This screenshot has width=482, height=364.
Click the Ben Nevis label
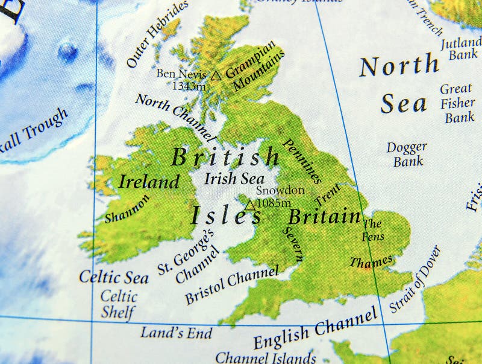[x=181, y=74]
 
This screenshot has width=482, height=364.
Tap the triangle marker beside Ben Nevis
[x=216, y=75]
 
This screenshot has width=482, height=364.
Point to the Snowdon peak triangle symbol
[x=249, y=205]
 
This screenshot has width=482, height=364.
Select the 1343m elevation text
[x=189, y=86]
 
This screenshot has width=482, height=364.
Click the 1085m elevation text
[x=273, y=203]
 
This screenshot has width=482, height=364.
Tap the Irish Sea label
[x=234, y=179]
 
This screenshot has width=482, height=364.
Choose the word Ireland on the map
[x=149, y=182]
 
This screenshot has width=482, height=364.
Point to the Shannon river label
[x=127, y=209]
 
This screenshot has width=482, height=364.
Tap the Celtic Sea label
[x=114, y=278]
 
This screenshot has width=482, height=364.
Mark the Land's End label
[x=177, y=333]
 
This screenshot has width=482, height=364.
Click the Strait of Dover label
[x=415, y=279]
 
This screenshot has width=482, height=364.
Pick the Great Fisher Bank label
[x=458, y=103]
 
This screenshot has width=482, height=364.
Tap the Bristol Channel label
[x=232, y=285]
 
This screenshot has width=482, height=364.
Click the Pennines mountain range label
[x=302, y=162]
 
